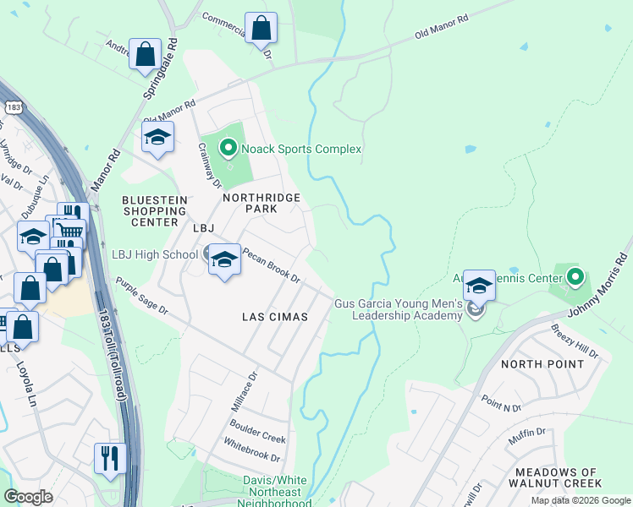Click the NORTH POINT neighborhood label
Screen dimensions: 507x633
click(x=542, y=364)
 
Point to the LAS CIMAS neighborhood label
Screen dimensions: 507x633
click(x=273, y=316)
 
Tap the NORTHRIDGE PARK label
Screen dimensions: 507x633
click(x=261, y=203)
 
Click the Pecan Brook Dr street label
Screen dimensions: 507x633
click(x=271, y=264)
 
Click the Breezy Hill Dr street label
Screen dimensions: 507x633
click(x=575, y=341)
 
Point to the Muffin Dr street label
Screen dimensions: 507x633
click(x=526, y=433)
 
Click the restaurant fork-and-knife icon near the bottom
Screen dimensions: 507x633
click(x=110, y=457)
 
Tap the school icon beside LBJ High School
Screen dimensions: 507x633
click(x=224, y=259)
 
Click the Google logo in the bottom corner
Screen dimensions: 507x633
click(x=28, y=497)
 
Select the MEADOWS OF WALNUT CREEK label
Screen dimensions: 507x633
click(x=554, y=477)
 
